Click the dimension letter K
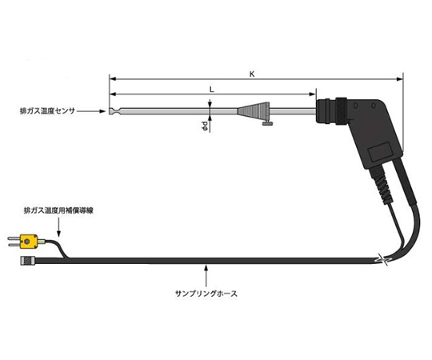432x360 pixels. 252,74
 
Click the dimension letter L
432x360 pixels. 211,90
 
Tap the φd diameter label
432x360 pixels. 205,126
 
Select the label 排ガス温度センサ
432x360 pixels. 47,111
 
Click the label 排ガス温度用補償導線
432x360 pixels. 58,210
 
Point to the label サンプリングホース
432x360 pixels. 206,294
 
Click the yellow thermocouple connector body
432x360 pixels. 29,242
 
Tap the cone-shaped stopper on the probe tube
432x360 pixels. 253,111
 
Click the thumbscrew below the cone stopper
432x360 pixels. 267,123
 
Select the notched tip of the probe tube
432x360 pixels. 114,111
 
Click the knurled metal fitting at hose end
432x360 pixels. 28,261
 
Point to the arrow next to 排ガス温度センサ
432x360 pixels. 91,111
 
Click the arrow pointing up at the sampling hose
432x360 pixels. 206,275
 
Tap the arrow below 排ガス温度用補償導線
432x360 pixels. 58,227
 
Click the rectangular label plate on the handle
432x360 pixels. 379,152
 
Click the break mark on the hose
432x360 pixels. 382,259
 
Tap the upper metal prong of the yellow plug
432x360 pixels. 14,238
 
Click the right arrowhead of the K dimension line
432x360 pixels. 399,79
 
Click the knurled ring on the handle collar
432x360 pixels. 341,111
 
